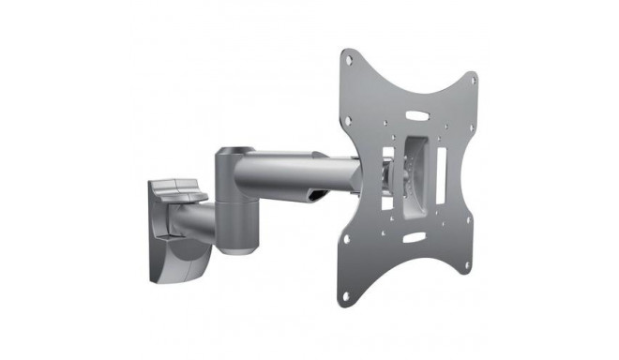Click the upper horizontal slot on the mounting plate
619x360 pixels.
point(417,117)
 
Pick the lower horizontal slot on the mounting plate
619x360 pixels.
point(413,238)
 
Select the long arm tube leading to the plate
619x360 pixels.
point(291,172)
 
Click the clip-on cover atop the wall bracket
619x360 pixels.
point(178,189)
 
